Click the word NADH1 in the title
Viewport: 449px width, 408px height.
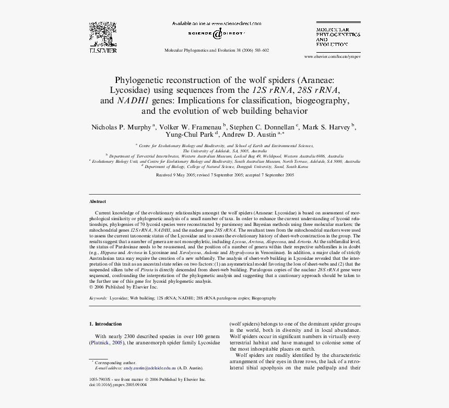click(133, 101)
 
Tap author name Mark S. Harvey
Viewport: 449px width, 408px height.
click(327, 127)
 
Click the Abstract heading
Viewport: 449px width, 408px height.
click(98, 201)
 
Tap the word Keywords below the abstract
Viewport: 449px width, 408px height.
click(98, 298)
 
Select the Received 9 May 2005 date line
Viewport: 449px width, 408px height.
click(225, 175)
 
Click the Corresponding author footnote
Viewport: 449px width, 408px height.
click(115, 363)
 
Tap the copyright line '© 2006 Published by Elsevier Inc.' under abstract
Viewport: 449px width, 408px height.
click(123, 287)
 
